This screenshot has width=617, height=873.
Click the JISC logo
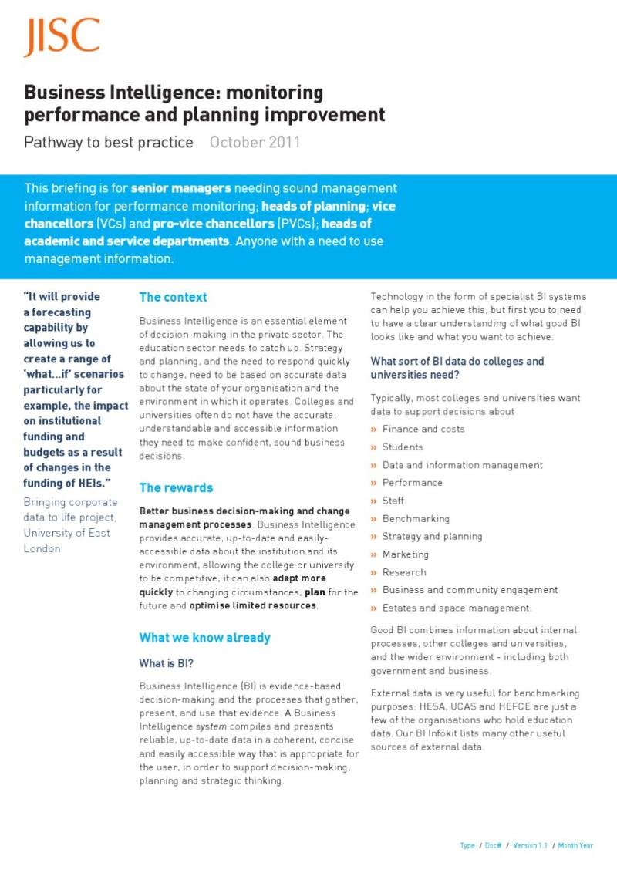[62, 37]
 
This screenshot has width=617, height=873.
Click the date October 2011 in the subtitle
[255, 143]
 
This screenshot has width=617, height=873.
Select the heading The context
[173, 297]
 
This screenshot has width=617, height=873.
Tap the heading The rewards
[176, 487]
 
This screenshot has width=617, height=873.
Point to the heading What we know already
[204, 638]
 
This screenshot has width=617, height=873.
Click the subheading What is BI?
[165, 663]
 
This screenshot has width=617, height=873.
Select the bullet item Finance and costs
[423, 429]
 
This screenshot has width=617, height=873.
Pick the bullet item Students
[403, 447]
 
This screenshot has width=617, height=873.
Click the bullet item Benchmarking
[416, 518]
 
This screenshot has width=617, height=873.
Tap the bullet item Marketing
[405, 554]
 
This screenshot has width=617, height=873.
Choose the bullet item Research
[404, 572]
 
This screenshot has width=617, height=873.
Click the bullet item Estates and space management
[457, 608]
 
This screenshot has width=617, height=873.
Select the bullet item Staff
[393, 501]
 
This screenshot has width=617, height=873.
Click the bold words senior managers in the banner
[180, 188]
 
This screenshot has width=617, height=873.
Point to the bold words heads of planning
[313, 206]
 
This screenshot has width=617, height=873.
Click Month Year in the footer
[575, 846]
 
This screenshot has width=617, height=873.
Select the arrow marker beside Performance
[374, 483]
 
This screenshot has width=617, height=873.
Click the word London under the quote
[42, 548]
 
